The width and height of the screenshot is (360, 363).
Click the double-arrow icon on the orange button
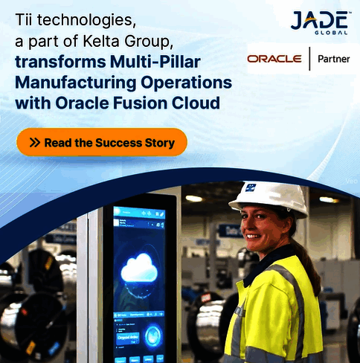point(34,142)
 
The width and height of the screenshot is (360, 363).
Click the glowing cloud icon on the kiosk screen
point(141,268)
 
